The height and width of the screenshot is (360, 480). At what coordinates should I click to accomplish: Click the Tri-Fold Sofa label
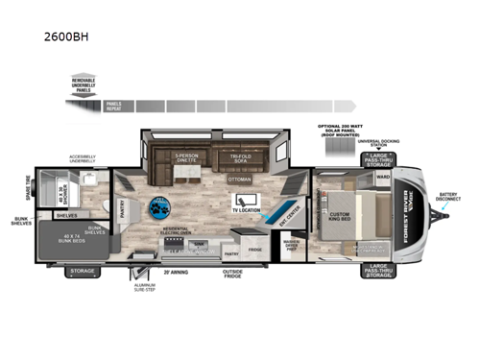tap(238, 158)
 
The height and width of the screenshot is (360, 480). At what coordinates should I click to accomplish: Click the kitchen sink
tap(199, 247)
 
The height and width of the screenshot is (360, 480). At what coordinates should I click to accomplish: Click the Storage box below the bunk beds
tap(82, 272)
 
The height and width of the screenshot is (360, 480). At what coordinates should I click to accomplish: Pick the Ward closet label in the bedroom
tap(382, 177)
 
